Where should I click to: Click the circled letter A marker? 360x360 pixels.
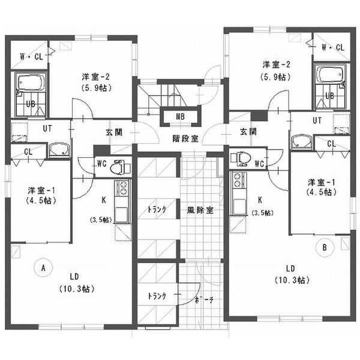43,268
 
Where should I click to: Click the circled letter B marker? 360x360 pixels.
325,247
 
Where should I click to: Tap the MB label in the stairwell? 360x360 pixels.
180,116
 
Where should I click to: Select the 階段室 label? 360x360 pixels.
185,139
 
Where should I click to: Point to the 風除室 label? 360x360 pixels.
200,210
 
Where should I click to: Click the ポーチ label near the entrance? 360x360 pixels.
204,300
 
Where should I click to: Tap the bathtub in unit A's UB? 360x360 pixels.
31,82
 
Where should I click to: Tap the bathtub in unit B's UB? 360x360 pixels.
329,74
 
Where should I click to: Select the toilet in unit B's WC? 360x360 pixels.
241,158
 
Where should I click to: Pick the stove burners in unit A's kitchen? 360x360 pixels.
122,188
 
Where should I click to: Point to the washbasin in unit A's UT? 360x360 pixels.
59,150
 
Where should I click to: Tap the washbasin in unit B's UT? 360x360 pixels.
302,142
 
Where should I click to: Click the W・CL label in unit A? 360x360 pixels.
31,57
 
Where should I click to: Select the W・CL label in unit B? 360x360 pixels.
333,47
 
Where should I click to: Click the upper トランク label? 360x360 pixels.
157,209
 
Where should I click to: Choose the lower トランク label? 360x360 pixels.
157,296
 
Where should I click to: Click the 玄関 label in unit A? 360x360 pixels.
114,132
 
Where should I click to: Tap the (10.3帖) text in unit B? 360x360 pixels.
292,280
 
